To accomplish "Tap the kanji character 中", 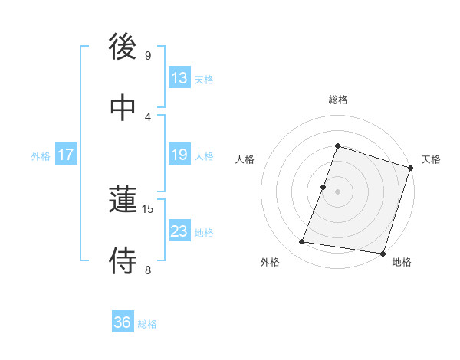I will tap(123, 108).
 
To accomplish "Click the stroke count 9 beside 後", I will tap(148, 56).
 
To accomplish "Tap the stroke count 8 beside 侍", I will tap(148, 269).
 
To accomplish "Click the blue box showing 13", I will tap(179, 78).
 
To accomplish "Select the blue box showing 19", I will tap(179, 155).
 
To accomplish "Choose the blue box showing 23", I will tap(179, 231).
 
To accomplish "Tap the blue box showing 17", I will tap(66, 155).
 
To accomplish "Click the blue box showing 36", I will tap(123, 322).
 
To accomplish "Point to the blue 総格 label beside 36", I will tap(147, 324).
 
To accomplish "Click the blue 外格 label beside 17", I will tap(41, 156).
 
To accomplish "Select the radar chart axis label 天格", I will tap(431, 159).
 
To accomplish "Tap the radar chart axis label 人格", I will tap(245, 159).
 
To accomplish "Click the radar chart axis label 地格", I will tap(402, 263).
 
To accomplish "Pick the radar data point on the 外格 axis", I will tap(302, 242).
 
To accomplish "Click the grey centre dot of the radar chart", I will tap(337, 191).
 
